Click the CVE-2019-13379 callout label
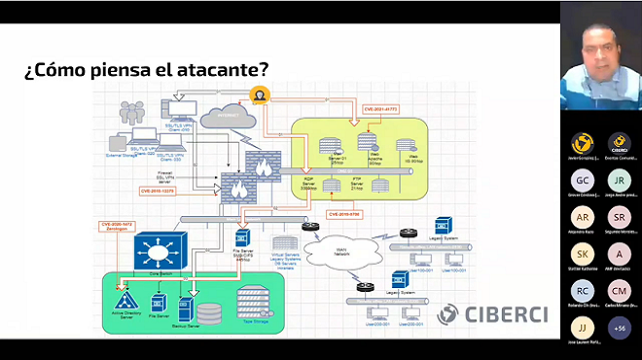click(164, 192)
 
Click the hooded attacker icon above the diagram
click(259, 94)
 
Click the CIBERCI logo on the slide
click(491, 313)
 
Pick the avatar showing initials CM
click(619, 290)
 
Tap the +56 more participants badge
click(619, 328)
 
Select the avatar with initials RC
click(583, 290)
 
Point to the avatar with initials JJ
click(583, 328)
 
